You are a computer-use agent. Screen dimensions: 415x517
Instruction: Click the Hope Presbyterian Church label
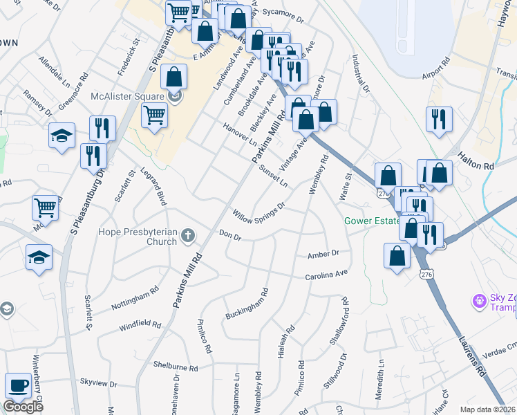pos(138,237)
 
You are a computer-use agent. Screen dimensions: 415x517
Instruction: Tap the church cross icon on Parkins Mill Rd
pos(187,238)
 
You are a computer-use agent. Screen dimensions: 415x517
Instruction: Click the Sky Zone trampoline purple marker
pos(478,301)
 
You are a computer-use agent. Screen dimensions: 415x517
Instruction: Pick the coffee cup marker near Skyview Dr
pos(17,386)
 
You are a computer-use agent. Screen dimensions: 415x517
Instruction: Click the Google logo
pos(23,407)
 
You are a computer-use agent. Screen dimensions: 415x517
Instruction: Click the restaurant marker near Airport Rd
pos(439,120)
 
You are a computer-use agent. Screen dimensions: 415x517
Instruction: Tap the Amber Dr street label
pos(325,254)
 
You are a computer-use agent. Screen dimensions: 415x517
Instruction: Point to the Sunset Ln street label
pos(273,176)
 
